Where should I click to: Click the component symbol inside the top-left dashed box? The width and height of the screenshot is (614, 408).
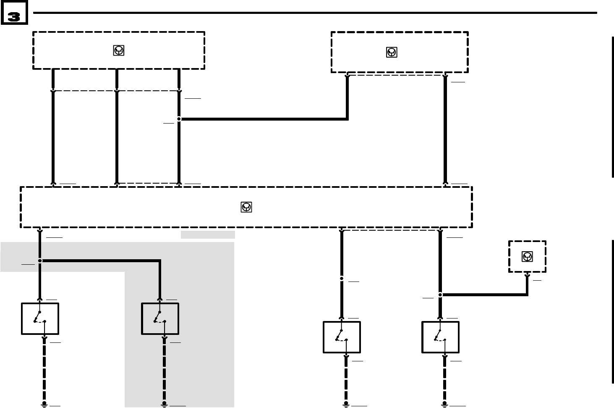[119, 50]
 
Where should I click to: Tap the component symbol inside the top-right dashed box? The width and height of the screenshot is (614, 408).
[391, 53]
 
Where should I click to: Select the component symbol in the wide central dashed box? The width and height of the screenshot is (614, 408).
[246, 207]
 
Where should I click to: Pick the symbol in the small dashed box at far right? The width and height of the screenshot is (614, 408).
[527, 256]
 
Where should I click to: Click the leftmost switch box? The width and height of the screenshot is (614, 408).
[40, 319]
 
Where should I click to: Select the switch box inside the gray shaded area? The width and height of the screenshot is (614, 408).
[160, 319]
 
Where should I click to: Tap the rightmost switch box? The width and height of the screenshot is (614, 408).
[440, 337]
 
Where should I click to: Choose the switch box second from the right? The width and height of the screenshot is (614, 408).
[342, 337]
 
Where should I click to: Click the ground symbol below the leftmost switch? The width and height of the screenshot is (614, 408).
[44, 404]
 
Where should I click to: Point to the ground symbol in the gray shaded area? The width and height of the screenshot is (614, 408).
[164, 404]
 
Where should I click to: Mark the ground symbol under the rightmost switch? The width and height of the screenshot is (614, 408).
[444, 404]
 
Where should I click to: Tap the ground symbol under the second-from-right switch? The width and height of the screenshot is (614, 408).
[346, 404]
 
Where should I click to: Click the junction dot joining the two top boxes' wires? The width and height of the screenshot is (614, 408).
[179, 119]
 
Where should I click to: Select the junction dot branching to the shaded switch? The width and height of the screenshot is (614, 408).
[40, 261]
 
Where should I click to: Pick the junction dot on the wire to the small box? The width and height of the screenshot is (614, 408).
[440, 295]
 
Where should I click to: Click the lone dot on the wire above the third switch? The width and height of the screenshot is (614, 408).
[342, 278]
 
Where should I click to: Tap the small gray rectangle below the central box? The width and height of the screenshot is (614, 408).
[208, 234]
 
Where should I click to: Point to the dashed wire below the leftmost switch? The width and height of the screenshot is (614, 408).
[44, 370]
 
